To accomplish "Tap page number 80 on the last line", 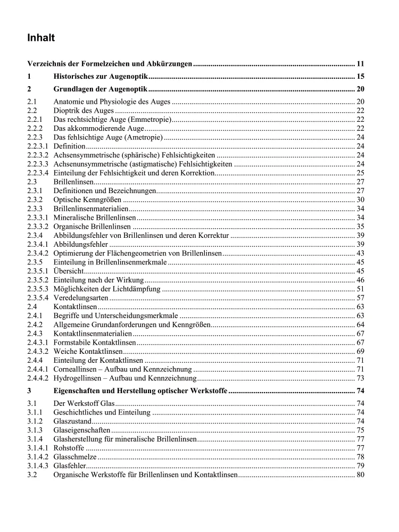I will [x=360, y=475].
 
